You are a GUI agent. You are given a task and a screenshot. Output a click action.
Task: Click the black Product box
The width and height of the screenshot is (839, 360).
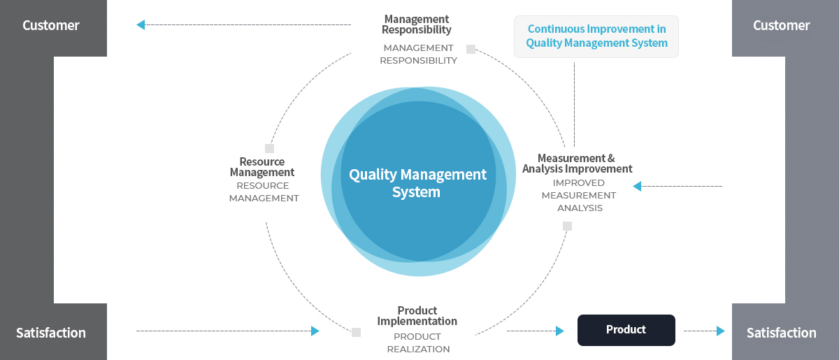click(x=626, y=330)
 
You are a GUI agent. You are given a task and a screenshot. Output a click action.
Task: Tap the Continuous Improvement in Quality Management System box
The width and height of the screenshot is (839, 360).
click(x=596, y=36)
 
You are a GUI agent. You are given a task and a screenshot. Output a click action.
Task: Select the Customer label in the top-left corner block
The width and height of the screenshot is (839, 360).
click(x=51, y=25)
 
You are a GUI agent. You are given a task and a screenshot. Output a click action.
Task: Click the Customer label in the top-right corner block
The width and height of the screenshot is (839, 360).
click(x=782, y=25)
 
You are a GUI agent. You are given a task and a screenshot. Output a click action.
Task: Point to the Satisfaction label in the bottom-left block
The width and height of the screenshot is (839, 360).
click(x=51, y=333)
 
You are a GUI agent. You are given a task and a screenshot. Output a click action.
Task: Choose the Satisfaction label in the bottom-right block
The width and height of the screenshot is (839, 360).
click(x=782, y=333)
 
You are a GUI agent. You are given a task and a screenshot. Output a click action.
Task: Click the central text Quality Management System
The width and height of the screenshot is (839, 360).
click(x=417, y=183)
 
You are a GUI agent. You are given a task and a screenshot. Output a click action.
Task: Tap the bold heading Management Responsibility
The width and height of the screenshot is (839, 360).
click(x=417, y=24)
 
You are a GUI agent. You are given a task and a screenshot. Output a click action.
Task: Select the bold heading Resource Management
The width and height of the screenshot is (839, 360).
click(x=262, y=166)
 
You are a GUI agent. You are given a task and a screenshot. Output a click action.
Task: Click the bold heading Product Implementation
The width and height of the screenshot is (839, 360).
click(x=417, y=316)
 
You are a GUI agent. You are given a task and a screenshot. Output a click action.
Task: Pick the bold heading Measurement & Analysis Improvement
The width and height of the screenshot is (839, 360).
click(x=578, y=164)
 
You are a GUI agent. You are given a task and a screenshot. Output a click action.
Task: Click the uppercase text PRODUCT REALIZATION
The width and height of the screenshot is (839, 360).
click(x=418, y=343)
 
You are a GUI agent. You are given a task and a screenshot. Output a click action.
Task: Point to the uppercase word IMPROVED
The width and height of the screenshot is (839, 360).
click(x=579, y=183)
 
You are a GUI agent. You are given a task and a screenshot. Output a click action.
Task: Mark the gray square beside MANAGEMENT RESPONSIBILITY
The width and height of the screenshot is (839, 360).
click(x=471, y=49)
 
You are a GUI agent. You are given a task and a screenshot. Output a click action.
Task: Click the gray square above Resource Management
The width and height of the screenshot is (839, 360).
click(x=269, y=148)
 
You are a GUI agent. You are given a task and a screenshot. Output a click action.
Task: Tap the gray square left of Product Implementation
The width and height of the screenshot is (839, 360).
click(x=356, y=332)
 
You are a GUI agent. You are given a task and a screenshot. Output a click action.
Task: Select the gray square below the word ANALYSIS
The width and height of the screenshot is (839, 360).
click(x=568, y=226)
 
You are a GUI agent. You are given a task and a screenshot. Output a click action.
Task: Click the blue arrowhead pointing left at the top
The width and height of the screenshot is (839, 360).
click(x=141, y=24)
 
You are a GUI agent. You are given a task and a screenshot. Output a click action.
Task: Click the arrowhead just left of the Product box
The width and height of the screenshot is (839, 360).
click(x=560, y=331)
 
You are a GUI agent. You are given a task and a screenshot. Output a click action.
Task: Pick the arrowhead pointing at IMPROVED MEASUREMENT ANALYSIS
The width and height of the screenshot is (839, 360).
click(x=637, y=186)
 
